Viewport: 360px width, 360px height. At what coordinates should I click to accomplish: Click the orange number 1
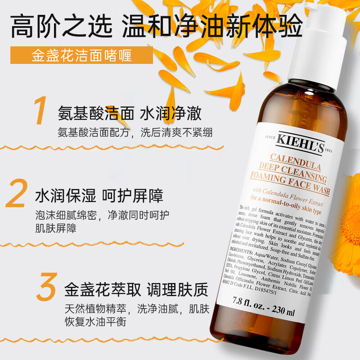tap(41, 111)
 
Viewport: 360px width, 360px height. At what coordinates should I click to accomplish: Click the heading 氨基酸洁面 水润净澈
tap(129, 113)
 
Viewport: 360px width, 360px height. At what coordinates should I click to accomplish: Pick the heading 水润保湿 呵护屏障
tap(99, 196)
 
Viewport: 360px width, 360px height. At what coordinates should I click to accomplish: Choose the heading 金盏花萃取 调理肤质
tap(136, 290)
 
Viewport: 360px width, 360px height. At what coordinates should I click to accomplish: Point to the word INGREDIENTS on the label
tap(243, 255)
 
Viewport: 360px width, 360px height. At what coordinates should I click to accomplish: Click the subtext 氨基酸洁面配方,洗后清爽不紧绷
tap(135, 133)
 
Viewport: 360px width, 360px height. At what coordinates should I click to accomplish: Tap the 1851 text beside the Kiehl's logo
tap(340, 151)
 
